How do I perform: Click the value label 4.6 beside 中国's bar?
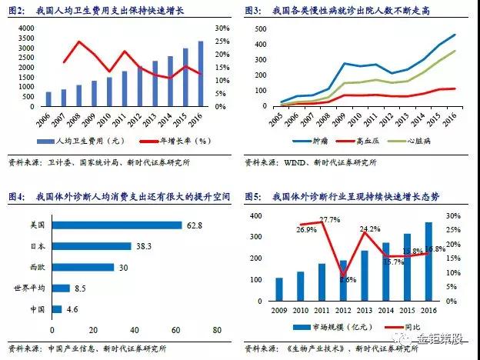[72, 309]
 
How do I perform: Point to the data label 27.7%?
[328, 220]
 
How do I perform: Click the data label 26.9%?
[285, 229]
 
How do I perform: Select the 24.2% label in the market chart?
[368, 229]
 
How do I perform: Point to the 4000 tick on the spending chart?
[25, 28]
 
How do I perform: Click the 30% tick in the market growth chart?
[453, 216]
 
